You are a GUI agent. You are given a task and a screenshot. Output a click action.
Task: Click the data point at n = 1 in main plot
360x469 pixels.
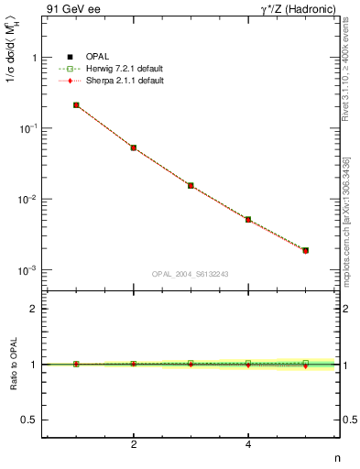pyautogui.click(x=76, y=105)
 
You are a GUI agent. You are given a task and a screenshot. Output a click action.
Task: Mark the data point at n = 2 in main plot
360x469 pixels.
pyautogui.click(x=134, y=147)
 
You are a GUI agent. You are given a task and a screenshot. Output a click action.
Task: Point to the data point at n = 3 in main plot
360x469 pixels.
pyautogui.click(x=191, y=185)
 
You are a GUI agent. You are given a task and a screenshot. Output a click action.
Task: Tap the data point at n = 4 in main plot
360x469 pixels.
pyautogui.click(x=248, y=220)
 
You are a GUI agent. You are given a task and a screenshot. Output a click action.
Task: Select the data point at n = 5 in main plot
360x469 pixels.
pyautogui.click(x=306, y=250)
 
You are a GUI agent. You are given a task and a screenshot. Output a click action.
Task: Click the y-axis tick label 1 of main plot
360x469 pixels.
pyautogui.click(x=33, y=58)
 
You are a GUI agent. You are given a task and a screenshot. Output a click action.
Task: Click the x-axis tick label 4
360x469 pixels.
pyautogui.click(x=248, y=445)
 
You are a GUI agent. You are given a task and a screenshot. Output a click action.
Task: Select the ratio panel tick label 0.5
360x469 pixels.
pyautogui.click(x=29, y=420)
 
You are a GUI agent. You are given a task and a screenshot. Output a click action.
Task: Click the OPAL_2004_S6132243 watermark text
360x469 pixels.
pyautogui.click(x=191, y=275)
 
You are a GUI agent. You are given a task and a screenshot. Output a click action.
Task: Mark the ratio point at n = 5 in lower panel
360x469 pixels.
pyautogui.click(x=306, y=364)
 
